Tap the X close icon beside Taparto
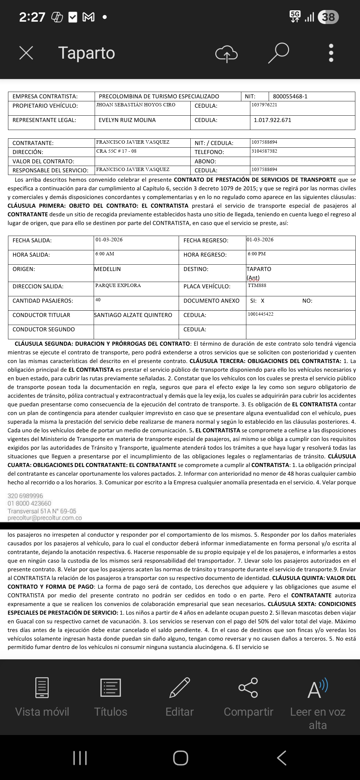tap(26, 53)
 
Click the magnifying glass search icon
tap(278, 53)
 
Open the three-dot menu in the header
tap(331, 53)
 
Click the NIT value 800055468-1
tap(290, 97)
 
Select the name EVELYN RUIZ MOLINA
tap(127, 120)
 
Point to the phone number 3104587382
tap(264, 151)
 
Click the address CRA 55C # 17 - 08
tap(116, 151)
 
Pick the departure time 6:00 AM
tap(105, 254)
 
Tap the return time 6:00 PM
tap(257, 254)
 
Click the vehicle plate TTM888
tap(257, 286)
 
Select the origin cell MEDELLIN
tap(107, 269)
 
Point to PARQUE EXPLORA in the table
tap(118, 286)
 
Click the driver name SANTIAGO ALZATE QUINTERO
tap(133, 315)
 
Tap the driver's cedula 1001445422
tap(261, 314)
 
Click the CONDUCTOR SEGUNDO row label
tap(44, 330)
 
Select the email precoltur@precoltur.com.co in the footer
tap(45, 518)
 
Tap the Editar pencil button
tap(180, 697)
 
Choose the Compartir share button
tap(248, 697)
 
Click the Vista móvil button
tap(42, 697)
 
